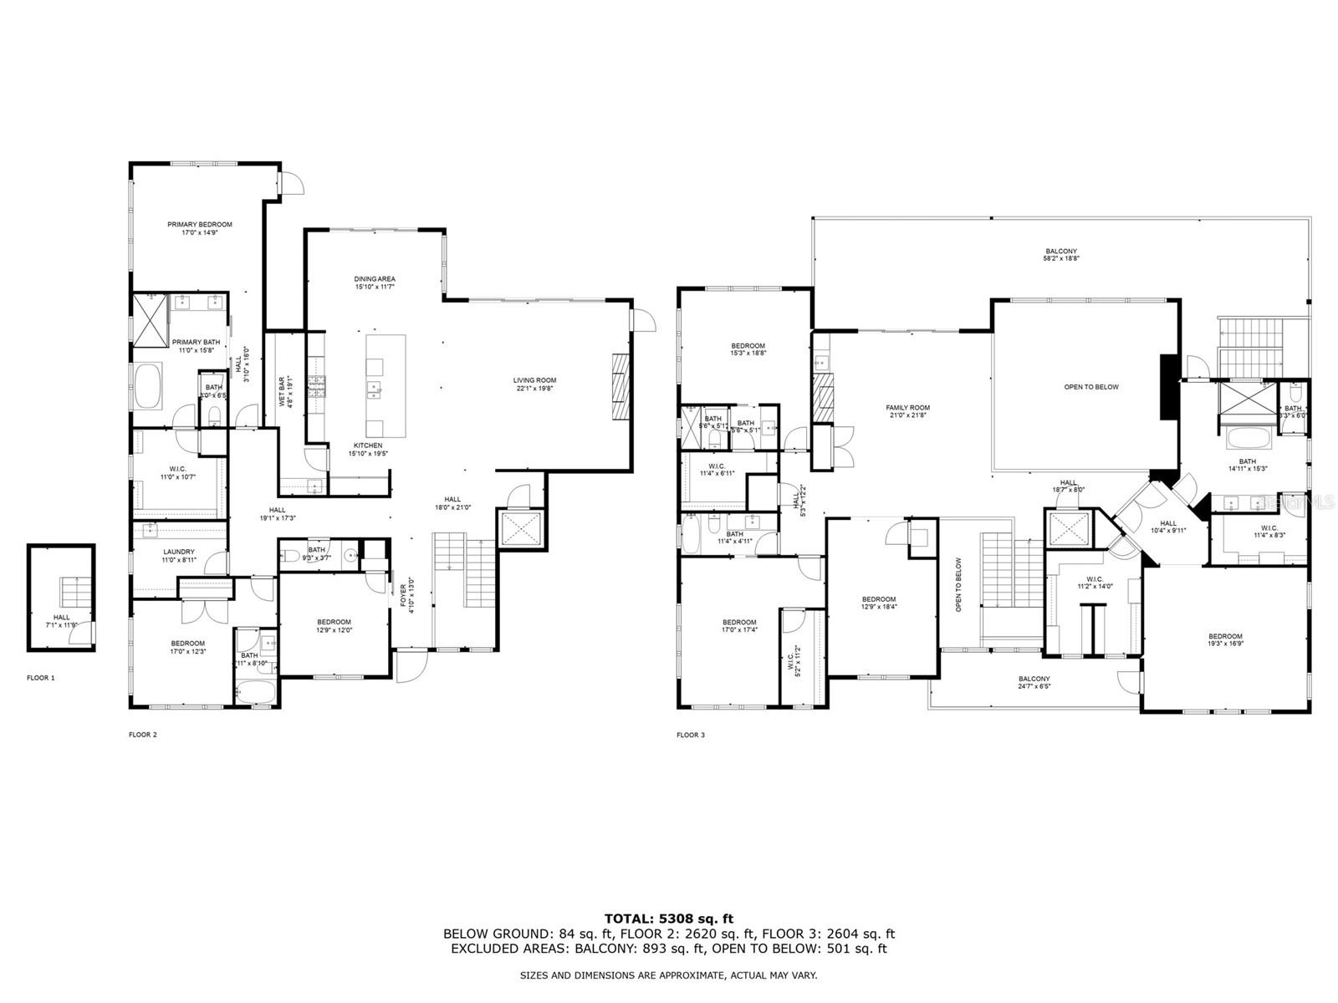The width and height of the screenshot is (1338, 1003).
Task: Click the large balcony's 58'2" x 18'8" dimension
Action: [1061, 259]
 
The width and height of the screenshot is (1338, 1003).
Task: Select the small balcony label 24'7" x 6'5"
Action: [1034, 686]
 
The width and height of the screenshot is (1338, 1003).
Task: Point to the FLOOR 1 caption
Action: [41, 678]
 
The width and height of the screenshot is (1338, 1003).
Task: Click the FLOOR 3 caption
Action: [691, 736]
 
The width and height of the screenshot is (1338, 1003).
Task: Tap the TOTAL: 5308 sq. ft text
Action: [669, 919]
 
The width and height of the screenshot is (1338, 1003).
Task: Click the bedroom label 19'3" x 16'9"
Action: [1224, 640]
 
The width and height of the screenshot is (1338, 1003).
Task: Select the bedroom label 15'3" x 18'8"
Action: [748, 349]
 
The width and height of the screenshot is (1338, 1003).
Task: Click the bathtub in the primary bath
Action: [148, 385]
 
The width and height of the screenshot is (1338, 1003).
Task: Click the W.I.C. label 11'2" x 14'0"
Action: [1095, 583]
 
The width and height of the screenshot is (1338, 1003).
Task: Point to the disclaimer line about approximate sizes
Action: [669, 975]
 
